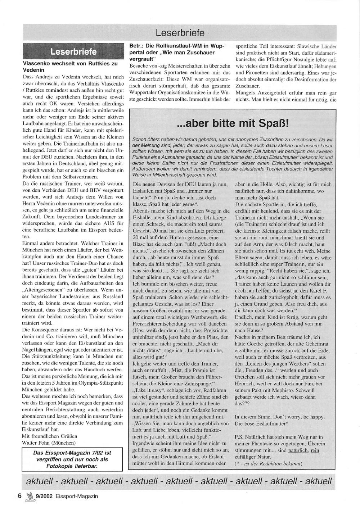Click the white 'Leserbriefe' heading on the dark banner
coord(73,52)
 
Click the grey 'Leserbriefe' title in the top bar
coord(180,33)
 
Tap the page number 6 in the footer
coord(20,496)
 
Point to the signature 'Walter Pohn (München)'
coord(49,443)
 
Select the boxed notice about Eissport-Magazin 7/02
coord(72,459)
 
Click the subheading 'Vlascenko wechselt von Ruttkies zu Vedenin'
coord(70,67)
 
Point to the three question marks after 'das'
coord(247,404)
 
